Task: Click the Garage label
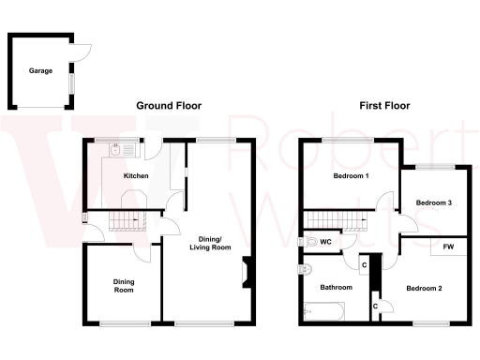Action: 40,70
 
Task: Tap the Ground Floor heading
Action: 169,106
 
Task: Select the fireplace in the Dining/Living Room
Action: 247,272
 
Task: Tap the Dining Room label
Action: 124,285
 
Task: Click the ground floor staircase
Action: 125,221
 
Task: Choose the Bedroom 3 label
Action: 433,202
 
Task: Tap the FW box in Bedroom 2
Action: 448,247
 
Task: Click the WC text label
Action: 325,242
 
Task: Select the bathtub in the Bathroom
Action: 324,310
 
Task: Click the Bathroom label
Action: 336,287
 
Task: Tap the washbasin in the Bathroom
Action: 304,271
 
